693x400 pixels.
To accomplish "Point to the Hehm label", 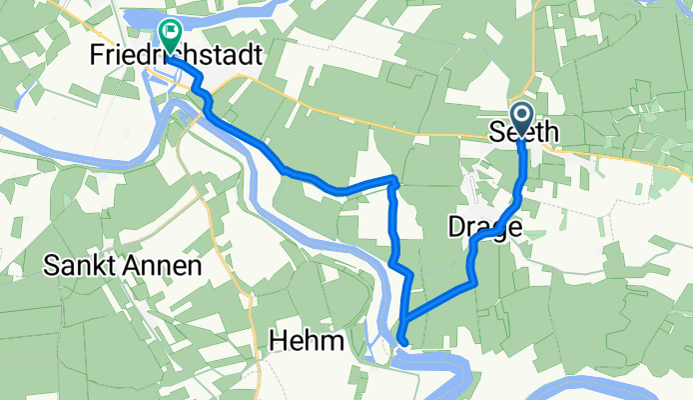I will point(307,341).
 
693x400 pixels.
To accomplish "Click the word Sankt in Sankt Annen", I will point(80,266).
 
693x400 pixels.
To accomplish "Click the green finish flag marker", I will point(168,36).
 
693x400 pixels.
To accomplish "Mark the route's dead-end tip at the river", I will point(402,344).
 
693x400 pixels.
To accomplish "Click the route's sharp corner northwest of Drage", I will point(394,181).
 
